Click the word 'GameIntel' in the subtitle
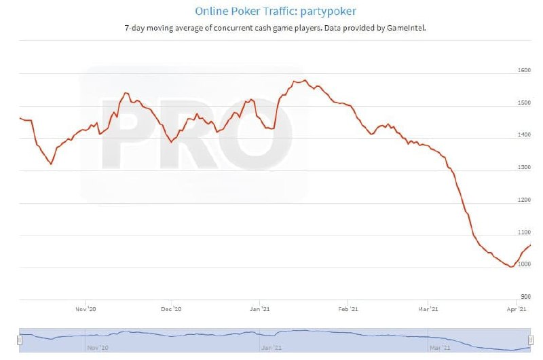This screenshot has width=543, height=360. (407, 28)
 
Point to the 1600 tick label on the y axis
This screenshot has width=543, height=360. (523, 69)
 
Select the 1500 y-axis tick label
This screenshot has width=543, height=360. (523, 102)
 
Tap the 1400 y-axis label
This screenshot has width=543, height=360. (523, 134)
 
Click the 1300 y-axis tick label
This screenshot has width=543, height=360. (523, 166)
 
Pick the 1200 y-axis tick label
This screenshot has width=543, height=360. (523, 199)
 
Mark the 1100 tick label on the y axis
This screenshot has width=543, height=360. (523, 232)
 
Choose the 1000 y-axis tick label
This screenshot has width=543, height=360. (523, 264)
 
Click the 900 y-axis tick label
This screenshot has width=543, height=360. (525, 296)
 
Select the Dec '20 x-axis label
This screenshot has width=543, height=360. (172, 309)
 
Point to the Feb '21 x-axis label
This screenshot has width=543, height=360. (348, 309)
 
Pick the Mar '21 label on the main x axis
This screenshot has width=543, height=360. (428, 309)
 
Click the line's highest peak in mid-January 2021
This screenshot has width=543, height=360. (305, 80)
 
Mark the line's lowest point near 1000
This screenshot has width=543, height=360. (510, 267)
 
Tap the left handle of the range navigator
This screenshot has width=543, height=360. (20, 339)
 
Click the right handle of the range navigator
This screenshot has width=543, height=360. (531, 339)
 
